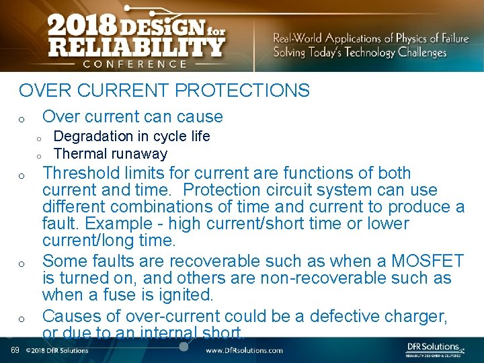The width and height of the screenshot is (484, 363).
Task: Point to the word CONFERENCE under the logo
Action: [135, 65]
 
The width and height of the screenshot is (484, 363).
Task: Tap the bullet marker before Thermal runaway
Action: [40, 155]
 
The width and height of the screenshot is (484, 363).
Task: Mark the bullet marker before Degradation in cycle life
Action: [40, 138]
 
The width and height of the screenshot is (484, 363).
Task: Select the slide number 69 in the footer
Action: [15, 350]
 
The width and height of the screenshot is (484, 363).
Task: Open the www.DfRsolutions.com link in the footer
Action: [243, 350]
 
